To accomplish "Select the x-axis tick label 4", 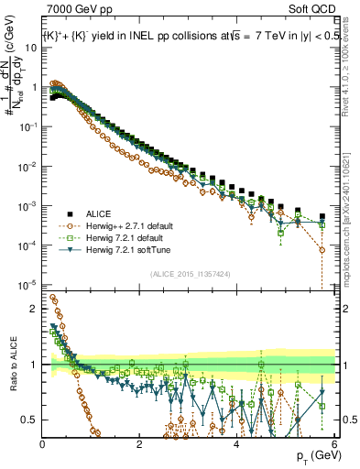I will coord(236,444).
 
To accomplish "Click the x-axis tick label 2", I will coord(139,444).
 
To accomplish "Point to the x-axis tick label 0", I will coord(42,444).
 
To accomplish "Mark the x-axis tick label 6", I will coord(333,444).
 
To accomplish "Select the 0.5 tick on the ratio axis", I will coord(29,420).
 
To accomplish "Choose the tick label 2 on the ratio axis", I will coord(34,309).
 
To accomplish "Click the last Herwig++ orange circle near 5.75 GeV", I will coord(322,249).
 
